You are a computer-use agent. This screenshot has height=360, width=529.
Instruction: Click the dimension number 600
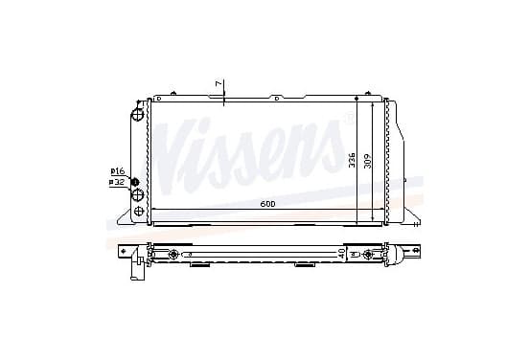click(x=267, y=204)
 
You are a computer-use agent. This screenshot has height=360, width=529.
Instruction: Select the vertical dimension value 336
click(x=352, y=160)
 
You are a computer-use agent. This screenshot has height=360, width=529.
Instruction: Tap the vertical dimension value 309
click(x=368, y=161)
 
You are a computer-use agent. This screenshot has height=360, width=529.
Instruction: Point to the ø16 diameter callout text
click(x=118, y=171)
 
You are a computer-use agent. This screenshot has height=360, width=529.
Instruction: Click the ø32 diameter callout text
click(x=117, y=182)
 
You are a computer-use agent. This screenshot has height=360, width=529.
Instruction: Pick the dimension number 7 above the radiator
click(x=218, y=83)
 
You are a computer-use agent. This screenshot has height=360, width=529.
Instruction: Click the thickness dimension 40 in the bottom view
click(x=341, y=254)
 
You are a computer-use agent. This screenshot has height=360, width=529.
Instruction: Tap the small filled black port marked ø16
click(x=135, y=182)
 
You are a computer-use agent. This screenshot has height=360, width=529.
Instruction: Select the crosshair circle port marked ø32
click(x=138, y=194)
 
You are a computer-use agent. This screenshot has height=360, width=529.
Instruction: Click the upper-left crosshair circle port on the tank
click(x=137, y=114)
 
